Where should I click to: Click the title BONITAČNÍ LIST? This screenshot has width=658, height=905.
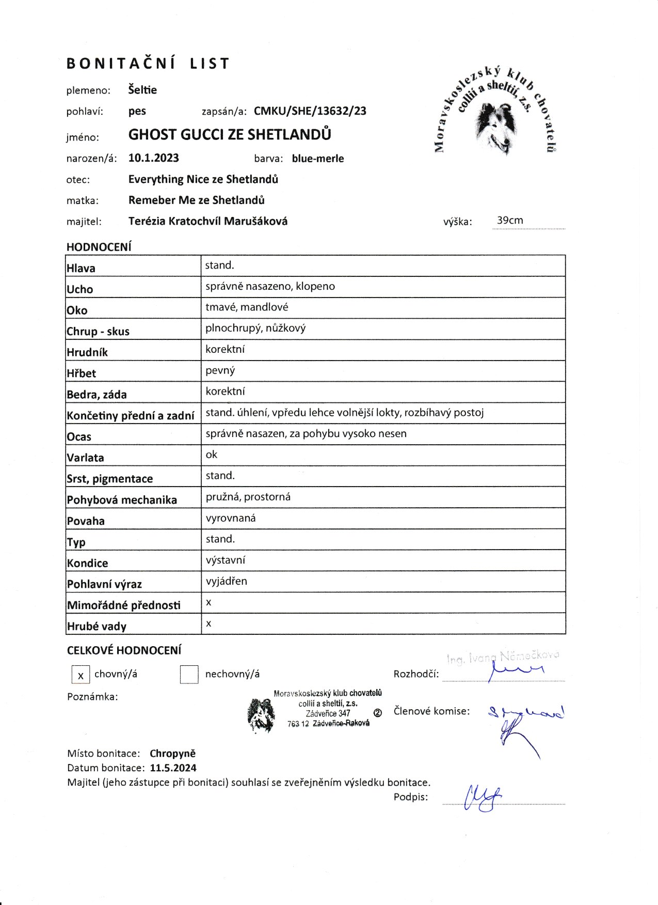pyautogui.click(x=148, y=64)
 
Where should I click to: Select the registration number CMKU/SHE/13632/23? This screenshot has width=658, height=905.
pyautogui.click(x=310, y=111)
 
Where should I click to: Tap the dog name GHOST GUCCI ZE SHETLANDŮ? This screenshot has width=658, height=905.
pyautogui.click(x=230, y=134)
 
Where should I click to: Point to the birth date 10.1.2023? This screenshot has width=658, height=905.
pyautogui.click(x=153, y=158)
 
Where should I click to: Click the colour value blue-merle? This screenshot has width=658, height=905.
pyautogui.click(x=317, y=159)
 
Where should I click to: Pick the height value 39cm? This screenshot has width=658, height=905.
pyautogui.click(x=509, y=221)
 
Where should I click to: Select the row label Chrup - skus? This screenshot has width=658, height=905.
pyautogui.click(x=98, y=331)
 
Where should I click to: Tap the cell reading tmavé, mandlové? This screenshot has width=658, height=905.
pyautogui.click(x=247, y=307)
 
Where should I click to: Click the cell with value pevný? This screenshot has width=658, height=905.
pyautogui.click(x=220, y=370)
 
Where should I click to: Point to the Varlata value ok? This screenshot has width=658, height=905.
pyautogui.click(x=212, y=455)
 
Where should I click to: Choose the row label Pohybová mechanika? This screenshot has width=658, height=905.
pyautogui.click(x=122, y=500)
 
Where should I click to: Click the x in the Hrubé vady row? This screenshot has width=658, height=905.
pyautogui.click(x=208, y=623)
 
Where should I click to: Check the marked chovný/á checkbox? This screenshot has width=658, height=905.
pyautogui.click(x=81, y=675)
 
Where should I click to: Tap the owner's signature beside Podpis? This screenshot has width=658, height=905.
pyautogui.click(x=483, y=798)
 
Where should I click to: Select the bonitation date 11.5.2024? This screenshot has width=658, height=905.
pyautogui.click(x=173, y=768)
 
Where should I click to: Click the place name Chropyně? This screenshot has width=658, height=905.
pyautogui.click(x=172, y=754)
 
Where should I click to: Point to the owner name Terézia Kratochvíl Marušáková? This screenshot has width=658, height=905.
pyautogui.click(x=207, y=221)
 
